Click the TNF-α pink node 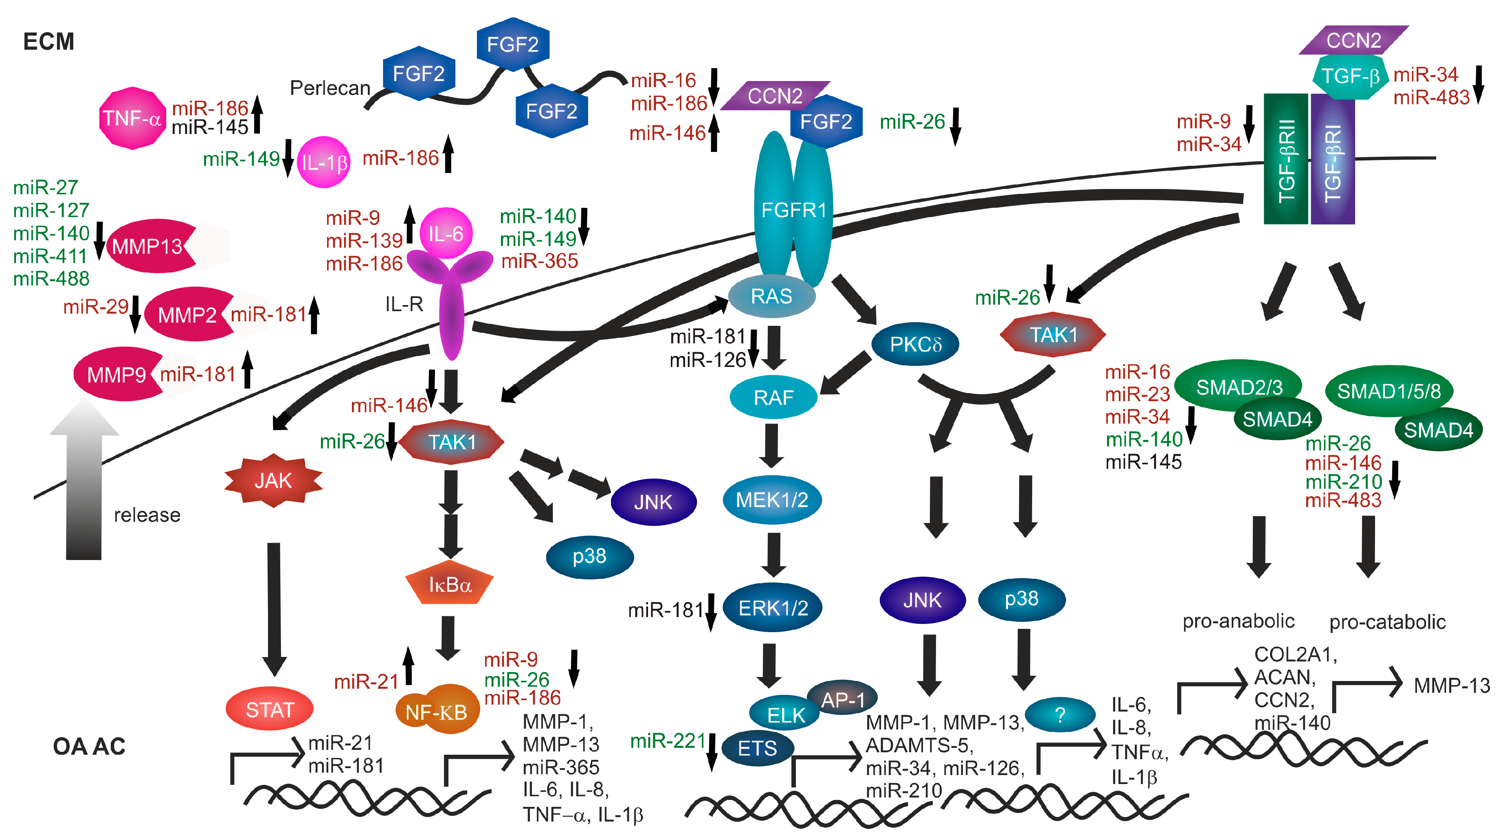pyautogui.click(x=132, y=119)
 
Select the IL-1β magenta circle pyautogui.click(x=324, y=163)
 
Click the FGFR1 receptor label pyautogui.click(x=793, y=210)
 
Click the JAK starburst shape pyautogui.click(x=273, y=481)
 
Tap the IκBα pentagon pyautogui.click(x=449, y=584)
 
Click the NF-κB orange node pyautogui.click(x=437, y=710)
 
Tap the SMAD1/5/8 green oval pyautogui.click(x=1389, y=391)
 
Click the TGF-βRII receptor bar pyautogui.click(x=1286, y=159)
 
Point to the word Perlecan pyautogui.click(x=330, y=88)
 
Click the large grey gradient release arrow pyautogui.click(x=84, y=479)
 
